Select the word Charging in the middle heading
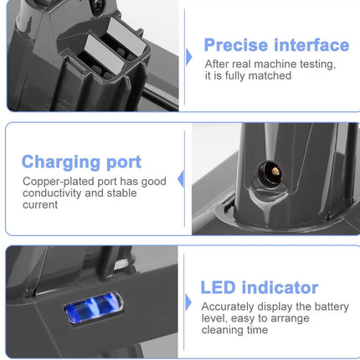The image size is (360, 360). click(59, 162)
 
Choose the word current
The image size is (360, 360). click(40, 204)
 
